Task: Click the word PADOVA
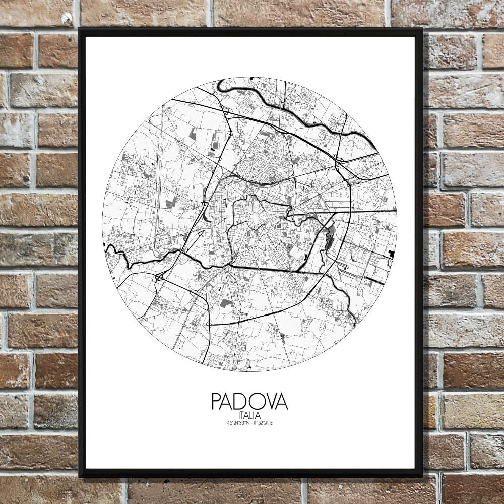(x=249, y=402)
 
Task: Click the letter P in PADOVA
(x=217, y=402)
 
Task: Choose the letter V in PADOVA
(x=270, y=402)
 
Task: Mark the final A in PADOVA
(x=282, y=402)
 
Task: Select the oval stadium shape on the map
(x=216, y=146)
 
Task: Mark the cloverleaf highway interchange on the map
(x=160, y=276)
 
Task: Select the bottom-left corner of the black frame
(x=80, y=475)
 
